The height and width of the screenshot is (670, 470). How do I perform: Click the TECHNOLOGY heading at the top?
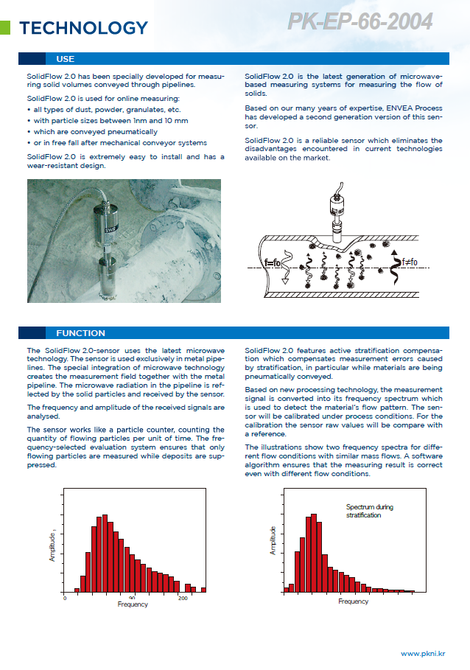coord(83,28)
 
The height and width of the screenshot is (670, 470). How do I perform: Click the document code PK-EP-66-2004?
coord(359,22)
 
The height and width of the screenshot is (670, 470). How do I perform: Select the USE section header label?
coord(65,59)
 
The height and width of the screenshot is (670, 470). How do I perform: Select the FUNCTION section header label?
coord(80,333)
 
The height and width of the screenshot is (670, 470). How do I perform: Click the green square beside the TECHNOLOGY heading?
coord(5,29)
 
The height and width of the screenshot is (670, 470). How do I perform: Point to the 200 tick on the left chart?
coord(183,598)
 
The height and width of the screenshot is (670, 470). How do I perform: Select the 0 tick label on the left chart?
coord(65,598)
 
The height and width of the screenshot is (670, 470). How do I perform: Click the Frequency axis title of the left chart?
coord(133,604)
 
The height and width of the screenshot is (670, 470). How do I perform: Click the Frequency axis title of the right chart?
coord(353,601)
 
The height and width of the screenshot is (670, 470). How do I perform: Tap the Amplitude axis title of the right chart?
coord(273,541)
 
